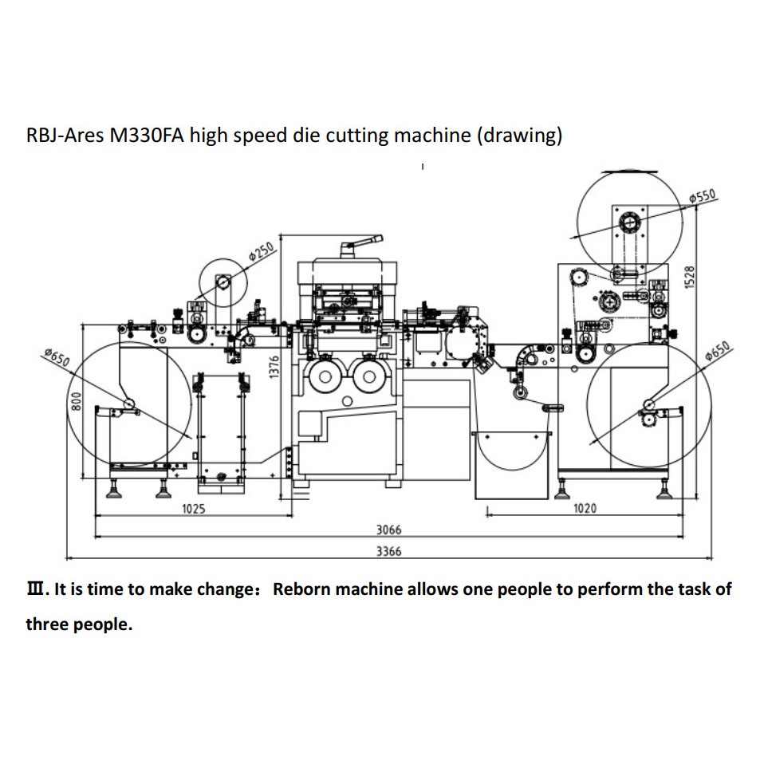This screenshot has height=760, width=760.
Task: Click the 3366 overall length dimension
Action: point(388,551)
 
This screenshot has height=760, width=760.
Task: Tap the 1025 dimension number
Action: point(193,508)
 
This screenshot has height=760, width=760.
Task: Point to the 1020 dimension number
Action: point(585,508)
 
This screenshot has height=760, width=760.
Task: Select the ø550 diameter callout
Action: point(703,196)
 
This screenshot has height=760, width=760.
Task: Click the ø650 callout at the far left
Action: point(57,358)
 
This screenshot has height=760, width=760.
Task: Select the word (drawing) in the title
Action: point(519,136)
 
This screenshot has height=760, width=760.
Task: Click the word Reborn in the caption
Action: point(301,589)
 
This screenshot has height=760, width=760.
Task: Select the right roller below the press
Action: point(368,377)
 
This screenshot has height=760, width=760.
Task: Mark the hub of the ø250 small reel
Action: point(222,282)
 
